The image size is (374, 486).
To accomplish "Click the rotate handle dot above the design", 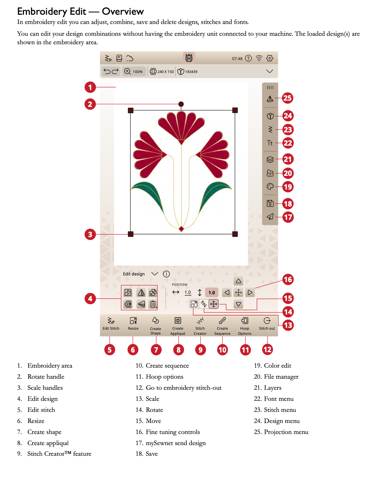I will click(181, 104).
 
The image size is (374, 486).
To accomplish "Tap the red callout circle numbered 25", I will click(287, 98).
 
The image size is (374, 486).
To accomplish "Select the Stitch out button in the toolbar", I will click(267, 323).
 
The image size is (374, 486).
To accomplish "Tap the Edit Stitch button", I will click(111, 323).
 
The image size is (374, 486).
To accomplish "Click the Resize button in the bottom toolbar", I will click(133, 323).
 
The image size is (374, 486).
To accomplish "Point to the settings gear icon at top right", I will click(270, 58).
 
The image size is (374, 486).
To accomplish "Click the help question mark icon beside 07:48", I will click(249, 58).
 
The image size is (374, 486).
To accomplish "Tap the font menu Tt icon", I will click(270, 143).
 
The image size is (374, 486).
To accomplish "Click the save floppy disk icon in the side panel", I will click(270, 203).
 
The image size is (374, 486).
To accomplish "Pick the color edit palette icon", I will click(270, 187).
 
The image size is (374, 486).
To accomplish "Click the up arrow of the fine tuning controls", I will click(239, 281).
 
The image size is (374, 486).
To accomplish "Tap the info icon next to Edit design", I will click(166, 274).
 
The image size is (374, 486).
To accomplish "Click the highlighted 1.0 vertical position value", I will click(212, 293).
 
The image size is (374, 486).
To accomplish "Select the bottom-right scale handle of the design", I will click(235, 234).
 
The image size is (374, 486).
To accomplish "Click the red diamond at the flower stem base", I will click(181, 229).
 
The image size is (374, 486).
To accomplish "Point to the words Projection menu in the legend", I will click(286, 432).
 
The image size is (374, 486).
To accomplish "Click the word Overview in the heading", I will click(123, 11).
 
